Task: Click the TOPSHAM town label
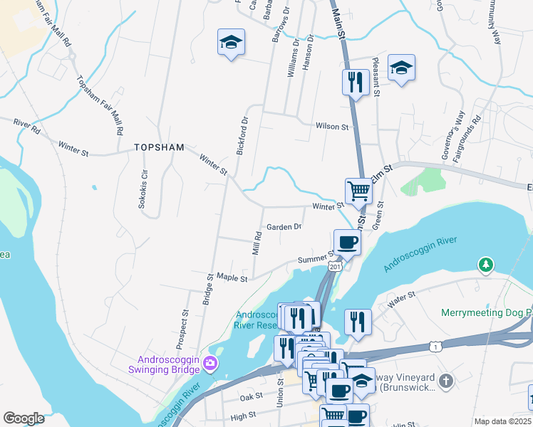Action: tap(159, 147)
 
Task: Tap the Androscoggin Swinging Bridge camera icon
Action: tap(209, 364)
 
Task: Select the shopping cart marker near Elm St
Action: tap(358, 190)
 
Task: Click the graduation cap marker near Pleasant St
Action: tap(402, 68)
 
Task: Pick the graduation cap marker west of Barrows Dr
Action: tap(231, 42)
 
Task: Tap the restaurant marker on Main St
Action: tap(355, 82)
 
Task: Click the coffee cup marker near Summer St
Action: tap(347, 242)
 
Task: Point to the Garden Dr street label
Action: tap(284, 227)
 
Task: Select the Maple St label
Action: tap(232, 278)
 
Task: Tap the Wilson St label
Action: tap(333, 127)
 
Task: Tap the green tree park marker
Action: tap(486, 265)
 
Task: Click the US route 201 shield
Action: tap(335, 266)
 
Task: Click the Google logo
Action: tap(24, 418)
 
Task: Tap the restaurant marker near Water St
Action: tap(358, 322)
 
